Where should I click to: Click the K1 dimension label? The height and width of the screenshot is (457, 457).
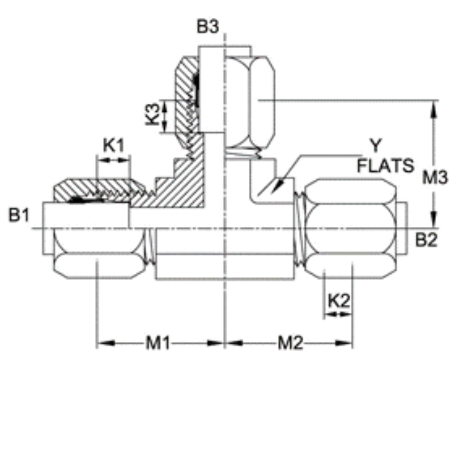pos(113,146)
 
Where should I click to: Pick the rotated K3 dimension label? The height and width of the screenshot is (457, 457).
pos(153,114)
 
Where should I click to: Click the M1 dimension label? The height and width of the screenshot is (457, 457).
pos(158,343)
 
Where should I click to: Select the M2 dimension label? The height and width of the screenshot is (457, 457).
pos(290,343)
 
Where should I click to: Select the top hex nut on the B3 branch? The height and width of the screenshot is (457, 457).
pos(250,102)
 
